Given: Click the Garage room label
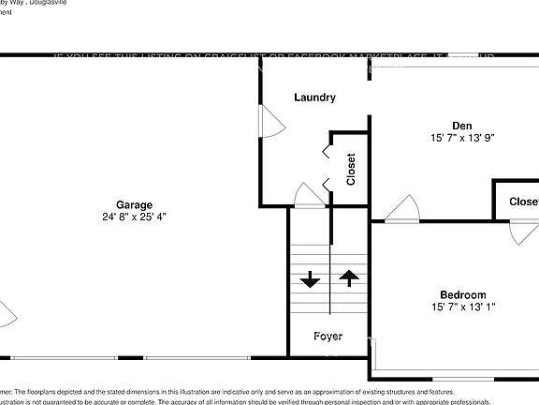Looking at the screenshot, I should (x=134, y=204).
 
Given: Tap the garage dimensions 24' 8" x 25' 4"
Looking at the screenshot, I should (x=135, y=217).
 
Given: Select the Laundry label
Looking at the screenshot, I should (x=314, y=97).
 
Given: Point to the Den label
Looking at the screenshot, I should (x=461, y=125).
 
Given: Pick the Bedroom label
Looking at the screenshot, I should (x=463, y=294).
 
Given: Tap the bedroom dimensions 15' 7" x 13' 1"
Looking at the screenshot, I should (x=463, y=307).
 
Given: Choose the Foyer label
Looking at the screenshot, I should (x=328, y=337).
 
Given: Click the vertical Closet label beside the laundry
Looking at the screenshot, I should (x=351, y=170).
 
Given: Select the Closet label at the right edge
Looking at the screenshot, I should (x=523, y=202).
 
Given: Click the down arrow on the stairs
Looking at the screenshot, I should (x=309, y=279).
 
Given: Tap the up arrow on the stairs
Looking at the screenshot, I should (x=348, y=277).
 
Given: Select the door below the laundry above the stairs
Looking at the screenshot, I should (x=308, y=197).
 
